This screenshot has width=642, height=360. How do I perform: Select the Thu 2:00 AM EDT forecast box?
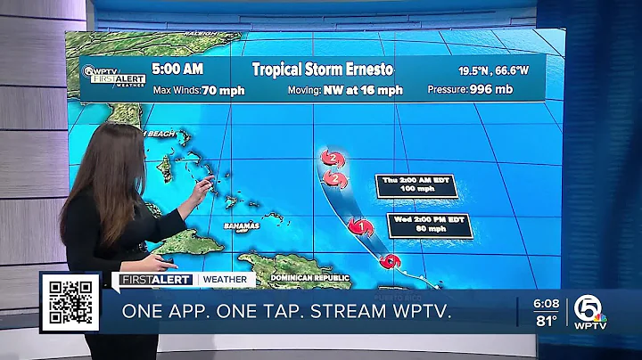[x=418, y=185]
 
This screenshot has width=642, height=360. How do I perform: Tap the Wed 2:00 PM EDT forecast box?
[x=429, y=225]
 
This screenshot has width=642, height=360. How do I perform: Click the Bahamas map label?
[x=242, y=226]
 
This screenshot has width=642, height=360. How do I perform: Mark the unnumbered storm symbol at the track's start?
[x=389, y=262]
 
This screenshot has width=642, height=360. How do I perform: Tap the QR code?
[x=73, y=301]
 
